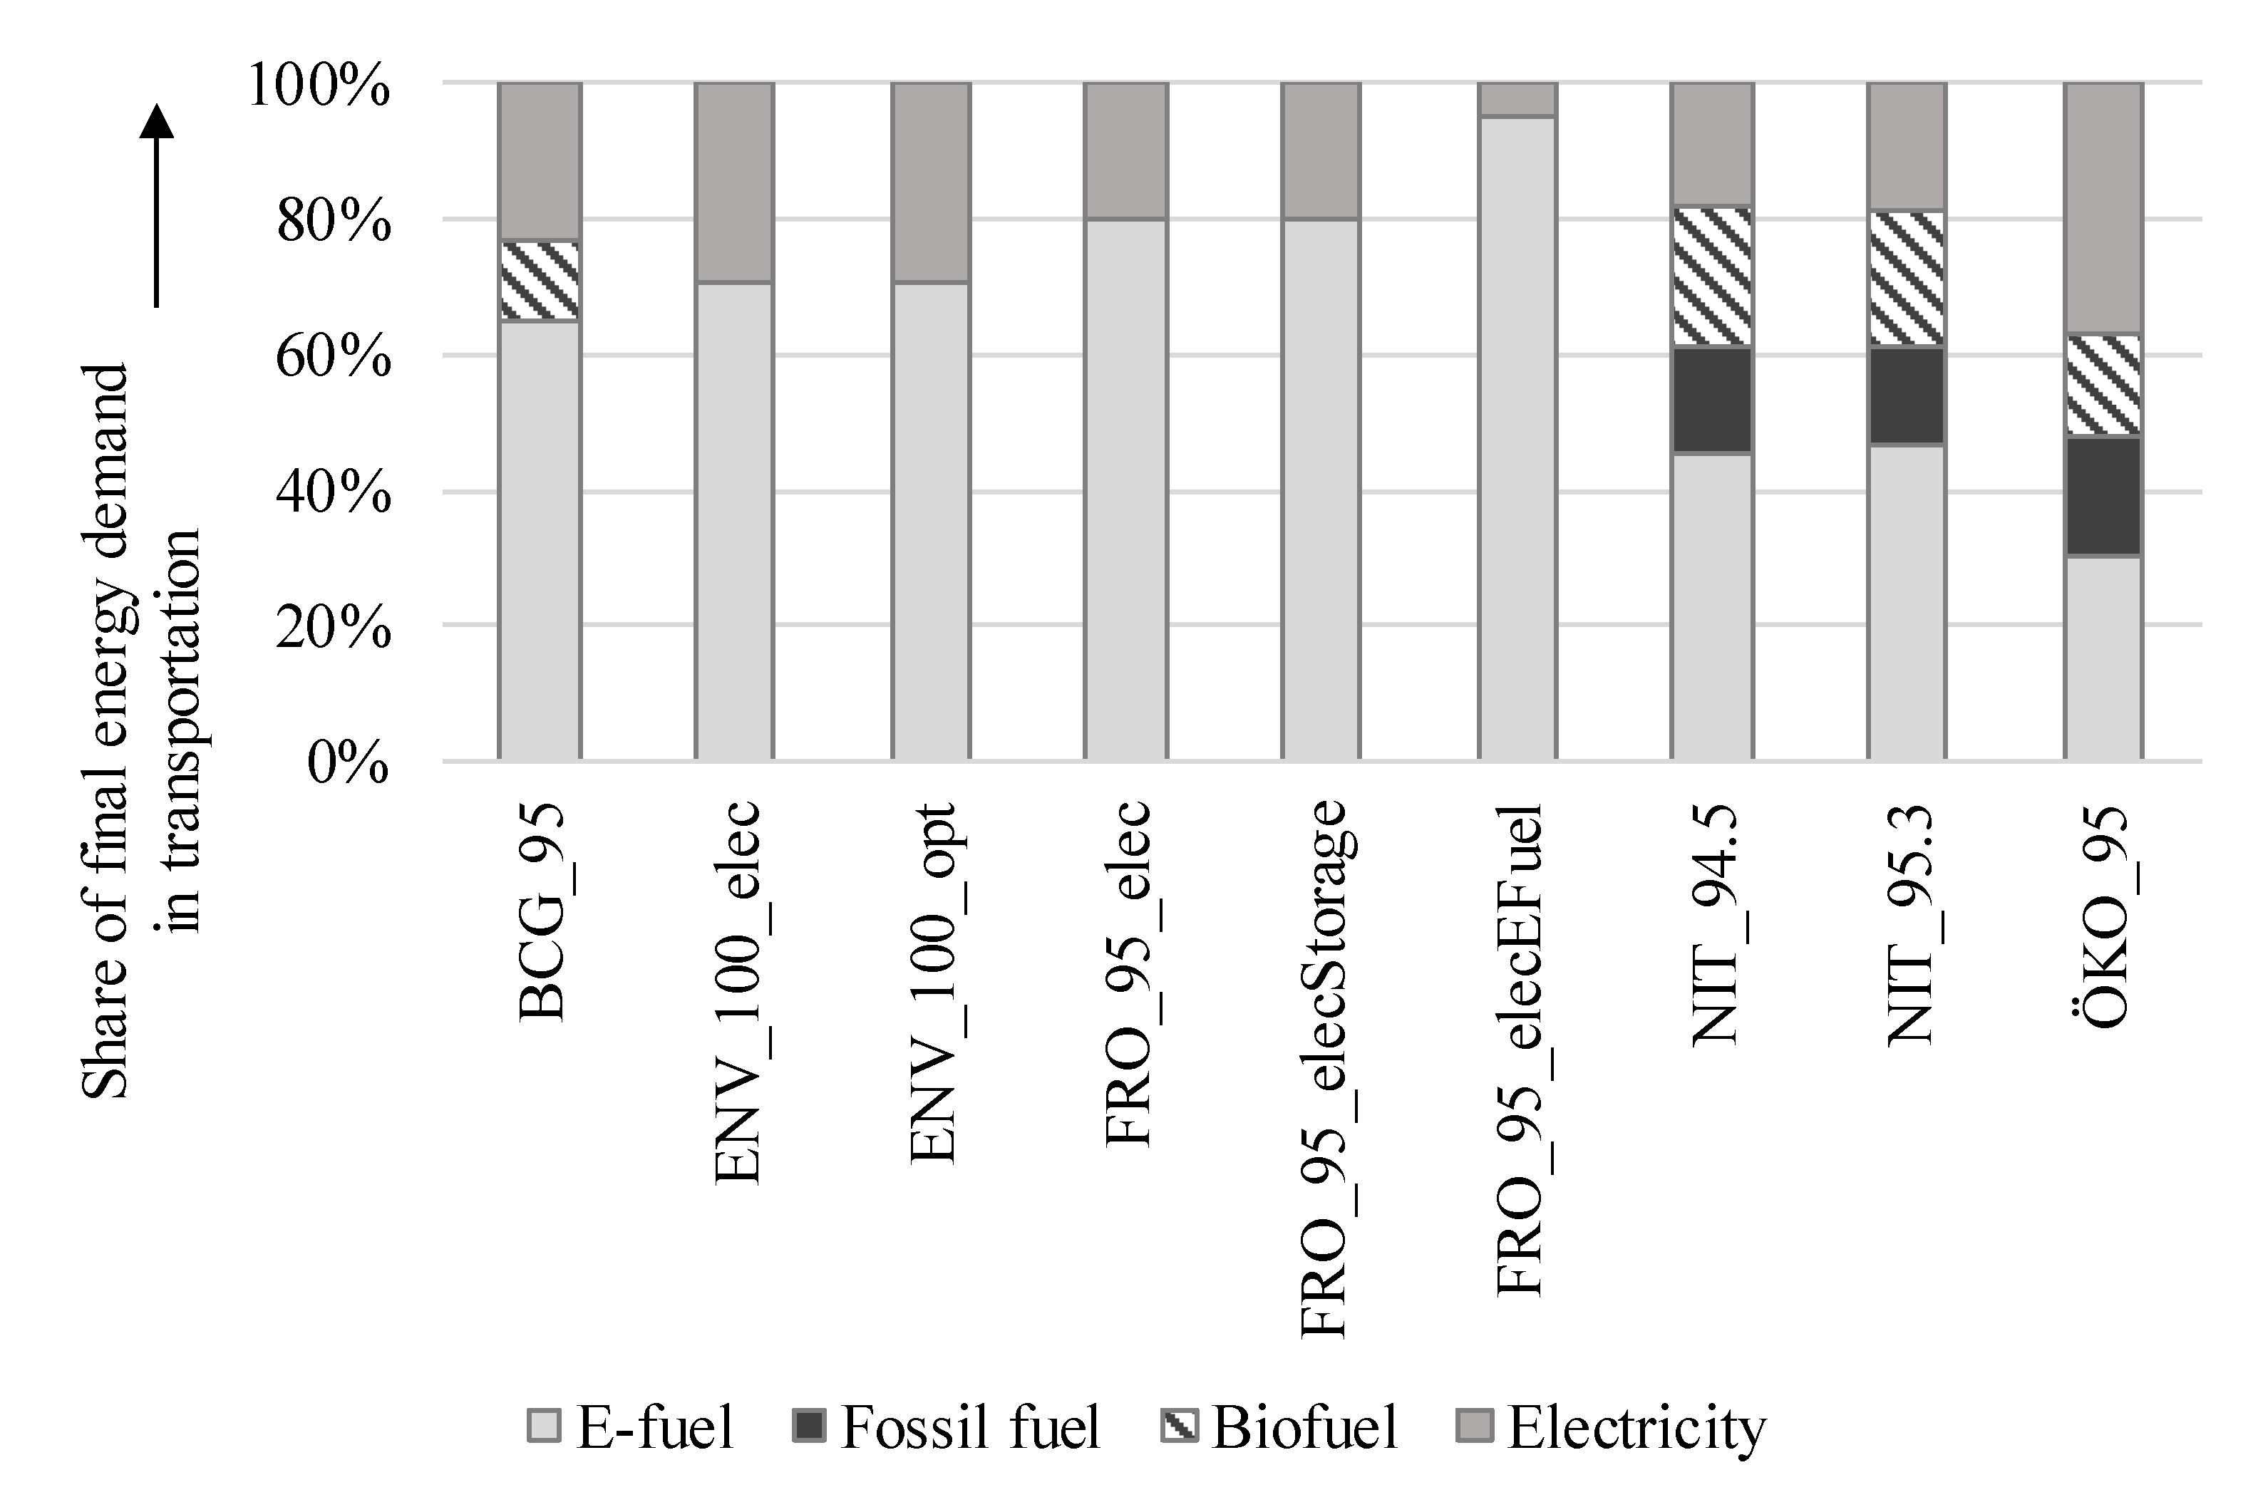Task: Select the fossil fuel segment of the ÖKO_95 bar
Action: click(2103, 497)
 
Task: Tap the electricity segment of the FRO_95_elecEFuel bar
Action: click(1517, 99)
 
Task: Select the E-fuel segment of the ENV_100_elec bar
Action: click(734, 521)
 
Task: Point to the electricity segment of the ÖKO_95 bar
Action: click(2103, 208)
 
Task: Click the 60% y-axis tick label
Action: click(334, 358)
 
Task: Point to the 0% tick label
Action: click(349, 764)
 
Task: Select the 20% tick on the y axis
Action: click(334, 628)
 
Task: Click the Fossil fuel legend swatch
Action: click(808, 1425)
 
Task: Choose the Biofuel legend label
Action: click(1304, 1427)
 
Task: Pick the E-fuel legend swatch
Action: click(543, 1425)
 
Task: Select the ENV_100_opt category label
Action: click(934, 983)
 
